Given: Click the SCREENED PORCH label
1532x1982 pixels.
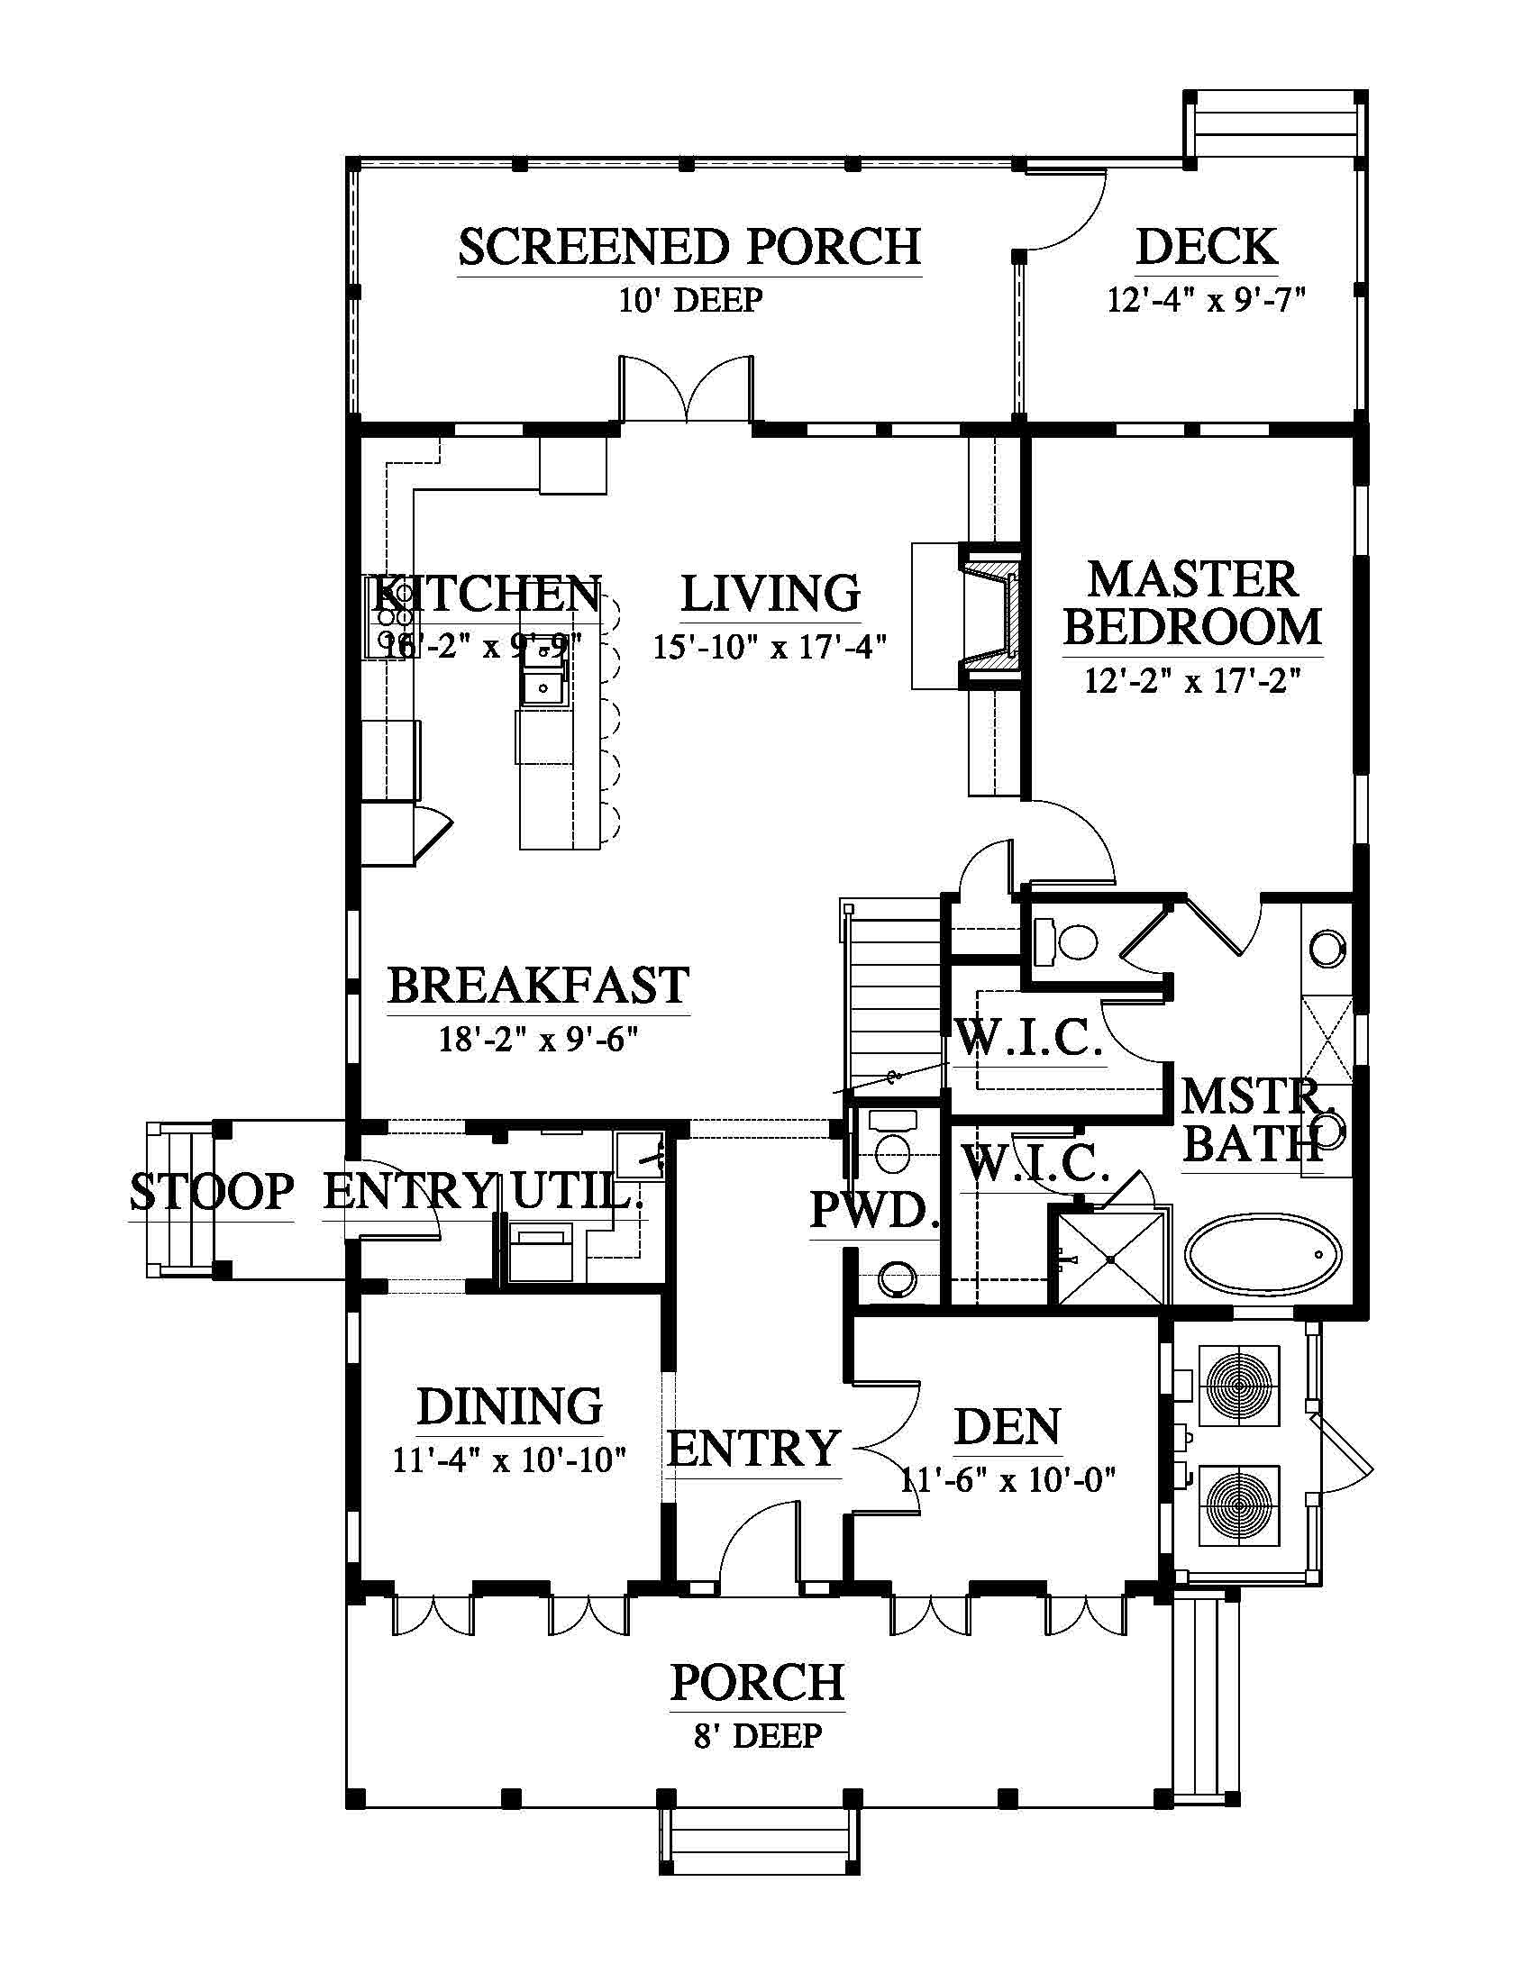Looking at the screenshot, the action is tap(689, 247).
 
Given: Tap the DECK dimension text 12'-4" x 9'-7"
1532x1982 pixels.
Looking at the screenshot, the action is tap(1205, 299).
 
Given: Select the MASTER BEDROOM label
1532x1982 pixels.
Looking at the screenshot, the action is tap(1192, 603).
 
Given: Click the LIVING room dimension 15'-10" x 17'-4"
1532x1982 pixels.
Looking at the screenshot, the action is tap(770, 647).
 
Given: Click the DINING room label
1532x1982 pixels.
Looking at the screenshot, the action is tap(510, 1406).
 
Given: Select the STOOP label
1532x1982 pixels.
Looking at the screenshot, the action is tap(213, 1192).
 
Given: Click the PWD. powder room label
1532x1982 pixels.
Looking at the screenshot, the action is tap(874, 1209).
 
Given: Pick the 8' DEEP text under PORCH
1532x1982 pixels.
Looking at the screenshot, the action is tap(758, 1735).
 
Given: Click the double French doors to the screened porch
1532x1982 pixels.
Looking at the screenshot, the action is tap(686, 388).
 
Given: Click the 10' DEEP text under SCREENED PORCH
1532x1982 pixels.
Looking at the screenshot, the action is tap(689, 299).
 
